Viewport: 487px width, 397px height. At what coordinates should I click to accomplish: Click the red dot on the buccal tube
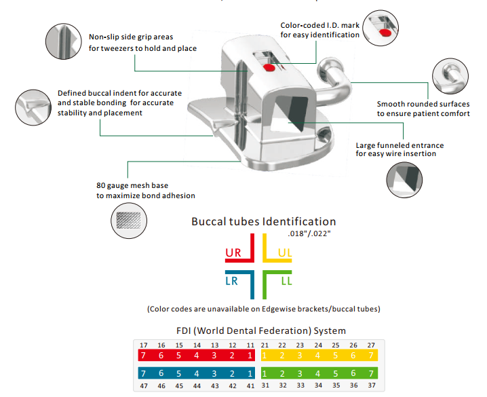267,68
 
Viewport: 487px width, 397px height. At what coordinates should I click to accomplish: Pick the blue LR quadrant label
232,280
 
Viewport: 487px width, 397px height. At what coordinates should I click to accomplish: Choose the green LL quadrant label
287,280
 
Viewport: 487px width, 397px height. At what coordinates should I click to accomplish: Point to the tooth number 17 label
142,345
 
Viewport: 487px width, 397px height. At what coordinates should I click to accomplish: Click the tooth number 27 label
370,345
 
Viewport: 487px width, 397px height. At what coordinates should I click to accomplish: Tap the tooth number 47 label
142,385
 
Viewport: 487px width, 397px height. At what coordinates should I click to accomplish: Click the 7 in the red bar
142,356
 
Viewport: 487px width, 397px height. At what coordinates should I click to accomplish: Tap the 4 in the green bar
317,374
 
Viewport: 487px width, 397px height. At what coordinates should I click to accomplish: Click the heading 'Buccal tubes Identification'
263,222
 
